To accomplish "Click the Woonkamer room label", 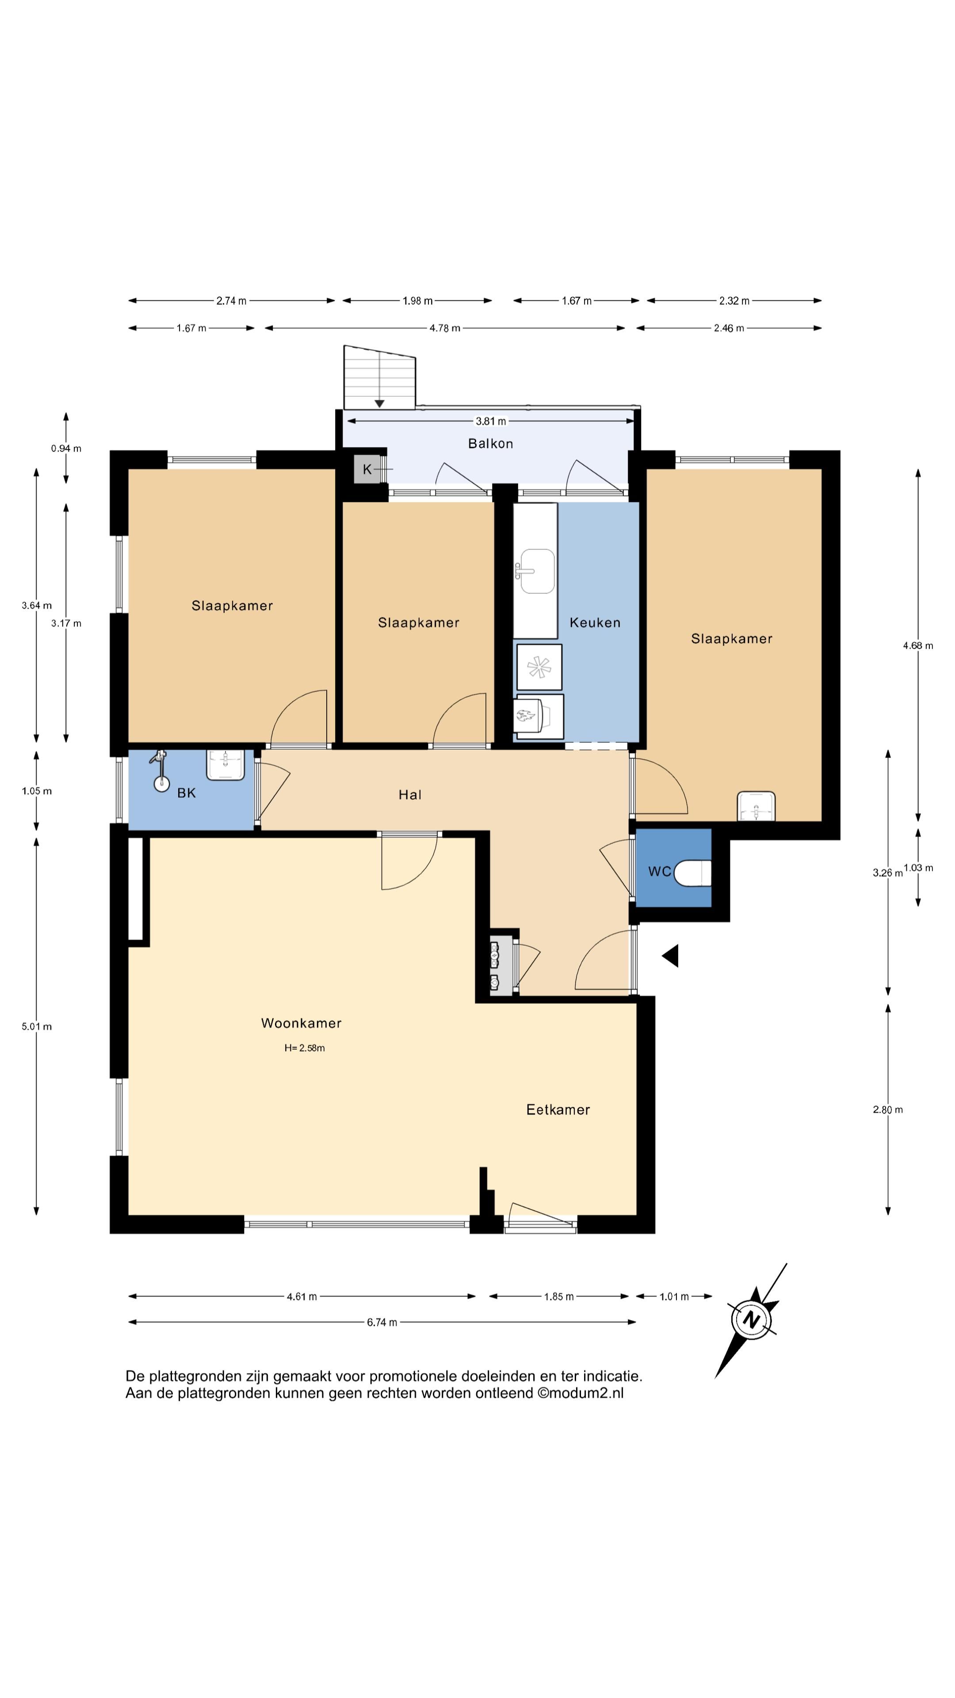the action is tap(301, 1023).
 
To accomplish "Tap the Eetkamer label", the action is tap(558, 1109).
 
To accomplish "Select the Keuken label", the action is tap(595, 622).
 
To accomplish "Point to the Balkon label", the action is tap(490, 444).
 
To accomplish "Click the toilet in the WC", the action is tap(694, 873).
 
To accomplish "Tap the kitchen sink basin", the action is tap(537, 571).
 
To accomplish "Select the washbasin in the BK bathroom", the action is tap(226, 765).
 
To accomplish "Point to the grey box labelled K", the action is tap(367, 469).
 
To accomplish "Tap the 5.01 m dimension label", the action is tap(37, 1026).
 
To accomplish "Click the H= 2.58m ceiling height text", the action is tap(305, 1048).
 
